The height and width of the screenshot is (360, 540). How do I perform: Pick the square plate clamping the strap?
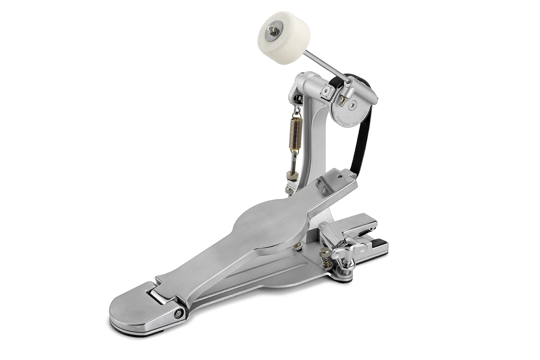tap(327, 91)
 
